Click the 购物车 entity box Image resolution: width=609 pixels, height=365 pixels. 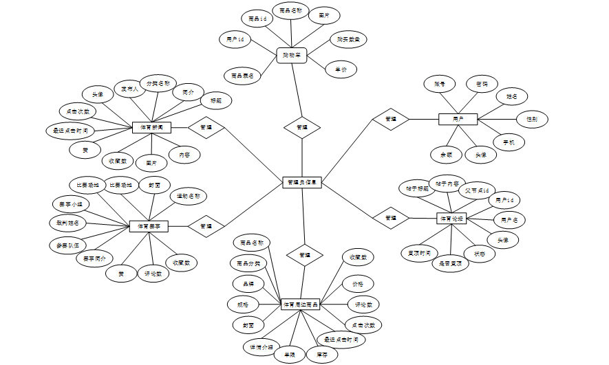coord(291,55)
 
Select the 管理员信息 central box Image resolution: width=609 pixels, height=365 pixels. coord(302,182)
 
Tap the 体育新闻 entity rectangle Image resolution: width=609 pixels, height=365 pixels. coord(151,127)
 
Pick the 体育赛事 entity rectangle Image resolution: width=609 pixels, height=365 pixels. coord(149,225)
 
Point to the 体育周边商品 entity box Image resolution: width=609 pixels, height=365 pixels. coord(301,304)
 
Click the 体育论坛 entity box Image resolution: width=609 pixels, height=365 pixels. coord(451,219)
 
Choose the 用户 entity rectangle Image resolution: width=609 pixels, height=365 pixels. coord(458,119)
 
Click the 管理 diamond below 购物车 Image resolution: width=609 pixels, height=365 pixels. coord(302,127)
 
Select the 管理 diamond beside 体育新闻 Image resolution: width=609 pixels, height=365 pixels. coord(206,127)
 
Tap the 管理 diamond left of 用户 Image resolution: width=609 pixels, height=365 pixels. coord(390,119)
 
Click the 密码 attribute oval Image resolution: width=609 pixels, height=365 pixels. coord(482,84)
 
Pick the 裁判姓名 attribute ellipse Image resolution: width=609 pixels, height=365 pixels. coord(67,223)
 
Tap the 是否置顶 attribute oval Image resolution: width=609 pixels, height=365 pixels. coord(450,263)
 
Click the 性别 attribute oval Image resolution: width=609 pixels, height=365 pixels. coord(532,119)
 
